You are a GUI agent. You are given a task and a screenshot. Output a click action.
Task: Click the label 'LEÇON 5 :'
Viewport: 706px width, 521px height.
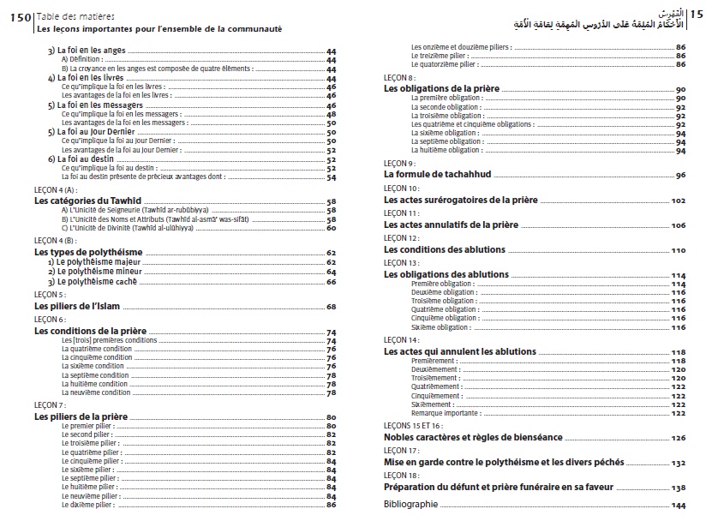[x=50, y=294]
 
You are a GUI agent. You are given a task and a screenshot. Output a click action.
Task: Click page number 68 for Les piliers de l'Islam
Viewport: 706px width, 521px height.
[x=331, y=307]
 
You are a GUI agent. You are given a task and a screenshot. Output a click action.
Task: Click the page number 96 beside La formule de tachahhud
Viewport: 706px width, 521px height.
[x=680, y=176]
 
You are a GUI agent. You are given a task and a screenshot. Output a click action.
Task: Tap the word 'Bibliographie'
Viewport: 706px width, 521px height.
[x=410, y=505]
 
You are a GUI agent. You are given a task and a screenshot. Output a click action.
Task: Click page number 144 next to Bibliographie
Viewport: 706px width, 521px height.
[x=679, y=506]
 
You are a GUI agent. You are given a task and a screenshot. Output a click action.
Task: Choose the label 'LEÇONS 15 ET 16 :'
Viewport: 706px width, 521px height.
[x=413, y=425]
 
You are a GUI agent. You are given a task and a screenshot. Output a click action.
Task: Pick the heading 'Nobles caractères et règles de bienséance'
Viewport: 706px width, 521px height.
[x=473, y=437]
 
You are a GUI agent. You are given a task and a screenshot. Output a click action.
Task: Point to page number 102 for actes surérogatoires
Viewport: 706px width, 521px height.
[x=679, y=201]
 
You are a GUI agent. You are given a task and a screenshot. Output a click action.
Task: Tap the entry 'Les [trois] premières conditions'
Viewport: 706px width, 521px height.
[x=109, y=340]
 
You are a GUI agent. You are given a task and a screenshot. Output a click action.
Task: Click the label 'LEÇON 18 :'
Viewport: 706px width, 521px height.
[x=400, y=475]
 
